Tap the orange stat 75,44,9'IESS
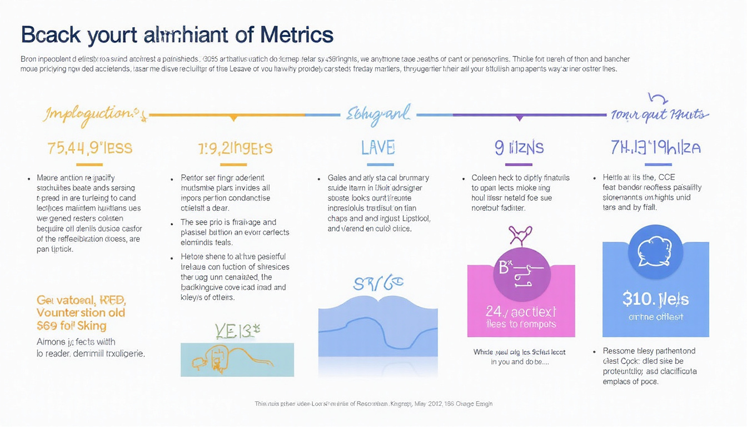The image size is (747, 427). click(89, 148)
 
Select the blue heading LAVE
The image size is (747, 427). click(378, 147)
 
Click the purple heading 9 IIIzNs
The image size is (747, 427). click(519, 147)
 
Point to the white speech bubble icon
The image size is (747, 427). click(655, 251)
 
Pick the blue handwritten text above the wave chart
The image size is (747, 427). click(378, 284)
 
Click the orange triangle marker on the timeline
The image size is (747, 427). click(234, 118)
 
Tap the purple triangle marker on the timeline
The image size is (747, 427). click(519, 118)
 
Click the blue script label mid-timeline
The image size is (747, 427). click(378, 114)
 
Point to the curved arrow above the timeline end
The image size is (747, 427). click(659, 99)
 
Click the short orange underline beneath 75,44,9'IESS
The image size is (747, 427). click(89, 165)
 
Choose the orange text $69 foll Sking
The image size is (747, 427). click(71, 326)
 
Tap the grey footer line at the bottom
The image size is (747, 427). click(373, 404)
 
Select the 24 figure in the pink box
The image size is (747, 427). click(521, 312)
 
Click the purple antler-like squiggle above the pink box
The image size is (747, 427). click(521, 235)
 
